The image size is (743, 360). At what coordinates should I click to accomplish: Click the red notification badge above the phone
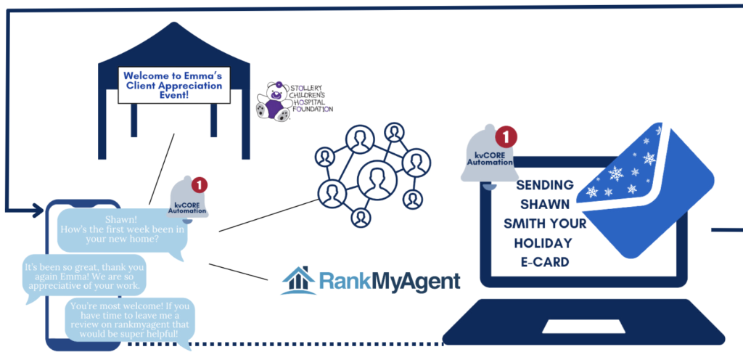[x=199, y=185]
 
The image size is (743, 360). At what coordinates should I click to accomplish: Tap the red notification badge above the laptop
[x=506, y=136]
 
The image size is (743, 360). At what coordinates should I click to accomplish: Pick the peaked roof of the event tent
[x=172, y=47]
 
